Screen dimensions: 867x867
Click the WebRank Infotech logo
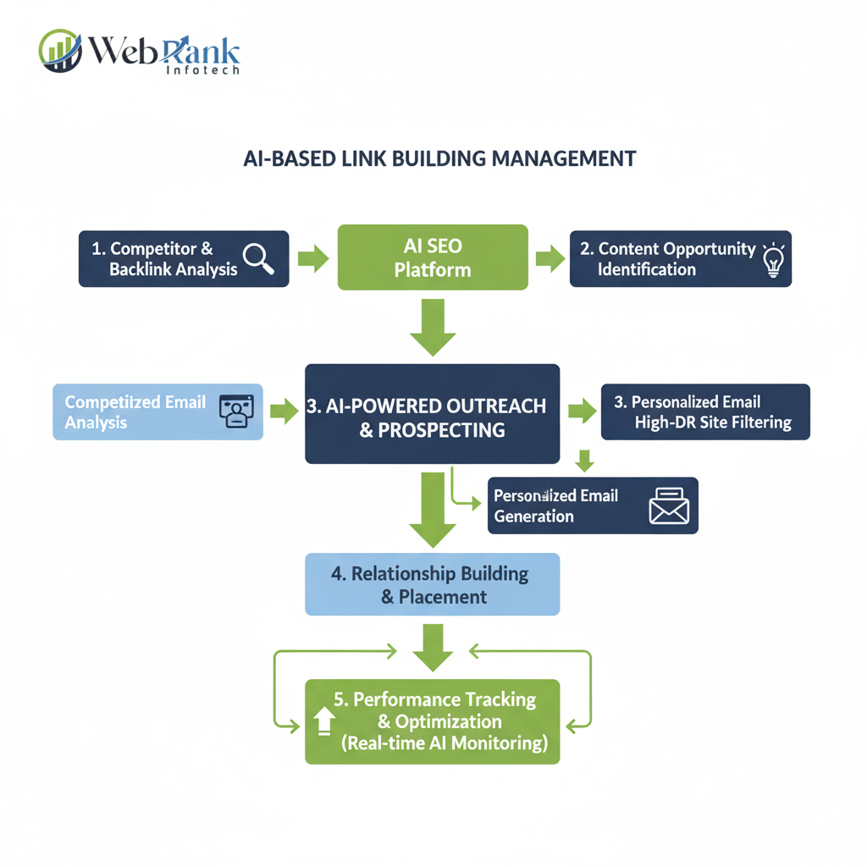pos(140,52)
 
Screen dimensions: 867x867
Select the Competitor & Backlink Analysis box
pos(184,259)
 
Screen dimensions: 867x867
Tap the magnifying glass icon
pos(258,258)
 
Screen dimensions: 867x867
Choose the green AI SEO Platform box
pos(433,257)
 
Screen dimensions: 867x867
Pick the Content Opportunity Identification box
pos(680,259)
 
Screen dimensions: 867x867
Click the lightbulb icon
pos(774,260)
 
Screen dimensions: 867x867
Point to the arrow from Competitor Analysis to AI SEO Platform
pos(313,259)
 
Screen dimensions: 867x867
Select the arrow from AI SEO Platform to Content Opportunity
pos(550,259)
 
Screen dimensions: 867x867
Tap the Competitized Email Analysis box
pos(157,411)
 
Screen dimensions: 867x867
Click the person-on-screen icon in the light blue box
pos(236,411)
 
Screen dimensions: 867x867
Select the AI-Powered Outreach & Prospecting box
pos(432,414)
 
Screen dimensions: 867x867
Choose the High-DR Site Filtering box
pos(704,411)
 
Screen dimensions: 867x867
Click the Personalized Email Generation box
pos(593,505)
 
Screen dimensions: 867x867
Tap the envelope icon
pos(669,507)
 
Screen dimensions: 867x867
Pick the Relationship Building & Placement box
pos(432,584)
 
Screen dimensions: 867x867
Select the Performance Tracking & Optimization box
pos(432,721)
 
